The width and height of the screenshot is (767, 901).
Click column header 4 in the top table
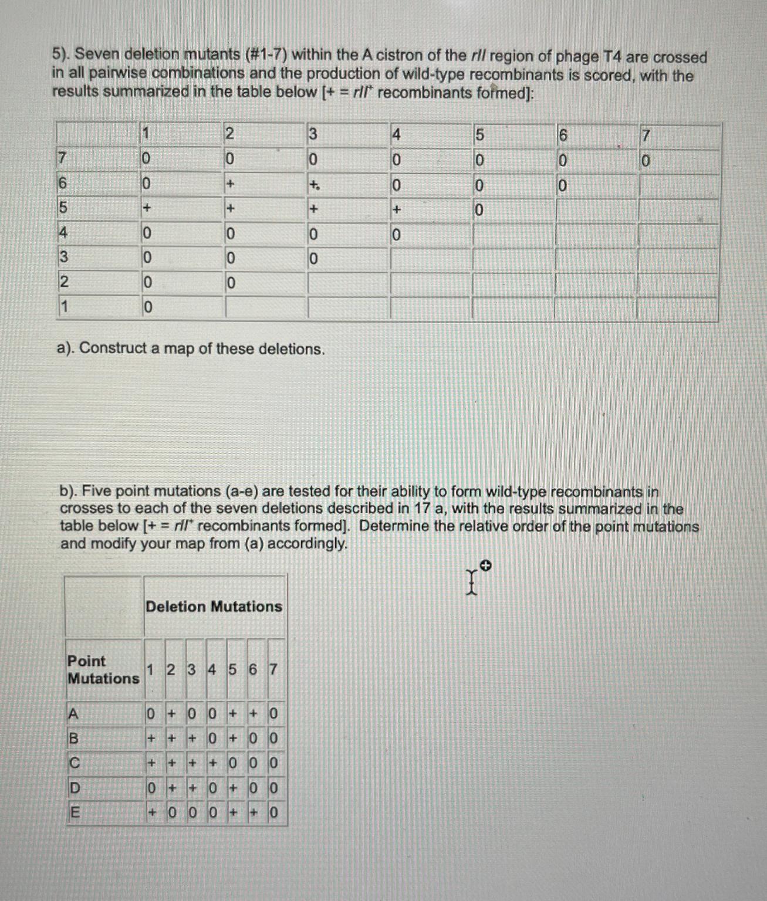coord(396,135)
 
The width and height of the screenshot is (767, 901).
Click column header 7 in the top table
coord(645,136)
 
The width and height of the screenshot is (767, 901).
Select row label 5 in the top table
coord(63,208)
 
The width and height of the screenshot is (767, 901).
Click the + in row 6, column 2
coord(230,184)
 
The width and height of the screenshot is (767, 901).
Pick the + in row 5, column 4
coord(397,209)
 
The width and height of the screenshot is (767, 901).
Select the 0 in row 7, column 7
coord(645,161)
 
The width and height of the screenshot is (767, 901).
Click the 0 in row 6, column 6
coord(562,186)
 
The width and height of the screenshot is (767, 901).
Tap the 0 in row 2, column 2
coord(231,283)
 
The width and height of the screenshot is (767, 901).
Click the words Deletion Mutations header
coord(214,606)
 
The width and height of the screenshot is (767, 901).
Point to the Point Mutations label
coord(103,669)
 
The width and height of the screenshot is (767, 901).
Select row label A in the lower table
coord(73,713)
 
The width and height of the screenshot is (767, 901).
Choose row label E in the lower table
coord(74,812)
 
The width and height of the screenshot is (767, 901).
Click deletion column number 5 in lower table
coord(232,669)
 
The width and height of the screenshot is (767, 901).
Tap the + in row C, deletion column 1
coord(151,763)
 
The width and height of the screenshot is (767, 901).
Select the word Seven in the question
coord(96,55)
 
